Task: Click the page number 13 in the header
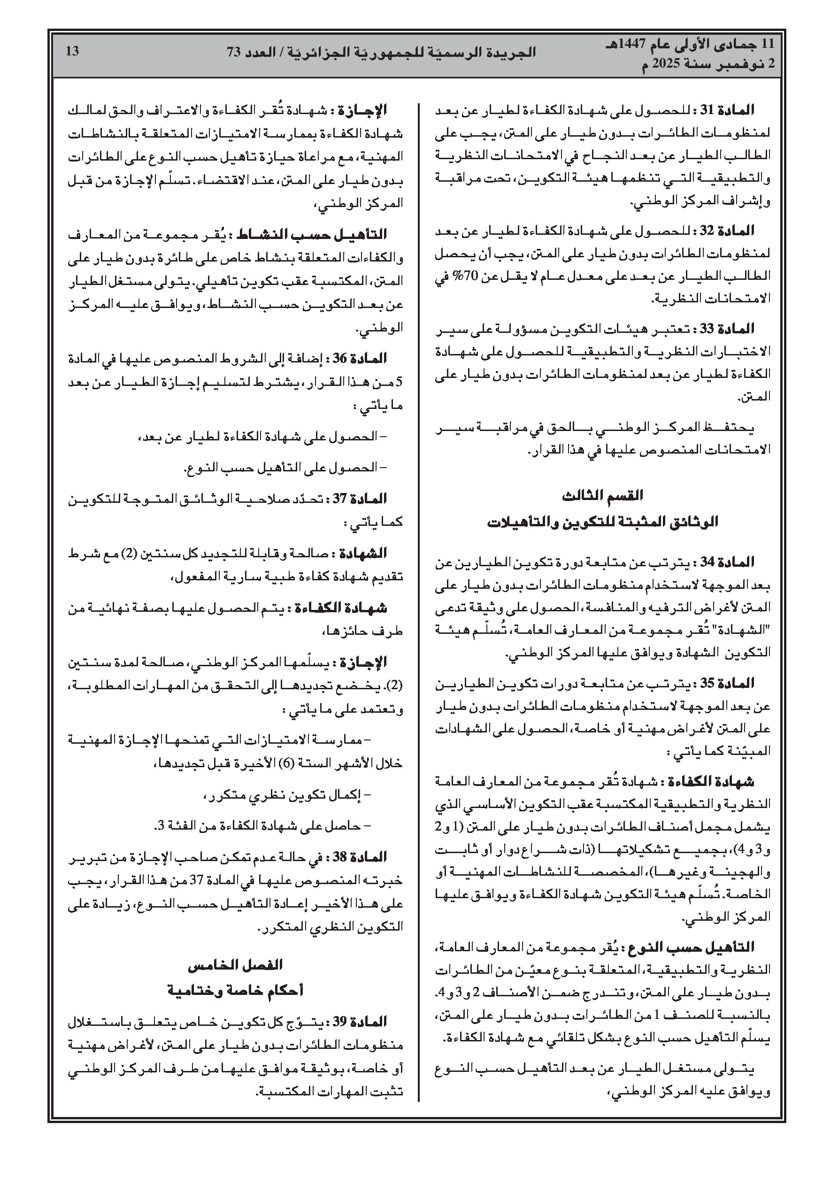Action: point(73,51)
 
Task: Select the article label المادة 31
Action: point(728,110)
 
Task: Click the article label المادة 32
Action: point(728,231)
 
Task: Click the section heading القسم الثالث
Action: point(602,496)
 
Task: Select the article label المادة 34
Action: point(728,562)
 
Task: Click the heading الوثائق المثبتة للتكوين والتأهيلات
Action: point(602,522)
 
